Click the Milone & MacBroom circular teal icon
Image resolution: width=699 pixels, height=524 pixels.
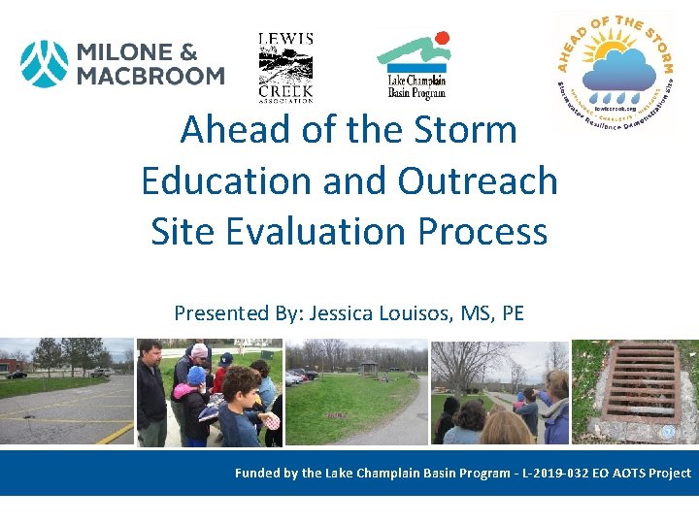(45, 64)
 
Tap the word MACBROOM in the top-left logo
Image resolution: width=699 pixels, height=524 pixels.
(151, 76)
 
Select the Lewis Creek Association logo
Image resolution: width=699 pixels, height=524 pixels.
(285, 67)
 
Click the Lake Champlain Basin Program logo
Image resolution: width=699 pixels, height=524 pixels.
(416, 64)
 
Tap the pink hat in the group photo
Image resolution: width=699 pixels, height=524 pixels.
(200, 350)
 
